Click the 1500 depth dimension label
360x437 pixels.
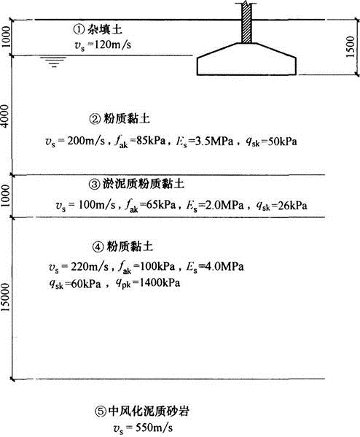(x=351, y=47)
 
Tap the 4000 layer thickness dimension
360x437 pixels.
(x=5, y=116)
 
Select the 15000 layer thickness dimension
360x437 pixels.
(x=5, y=298)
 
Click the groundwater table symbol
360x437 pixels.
(x=53, y=62)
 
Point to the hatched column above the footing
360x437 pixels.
(x=247, y=23)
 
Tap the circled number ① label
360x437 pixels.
(x=79, y=29)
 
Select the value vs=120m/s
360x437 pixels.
(x=103, y=45)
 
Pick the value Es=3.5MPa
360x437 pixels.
(x=204, y=142)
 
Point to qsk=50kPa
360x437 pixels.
(x=271, y=142)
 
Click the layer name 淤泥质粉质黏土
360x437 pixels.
(x=143, y=184)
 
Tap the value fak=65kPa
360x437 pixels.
(x=150, y=206)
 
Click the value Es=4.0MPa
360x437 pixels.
(x=215, y=267)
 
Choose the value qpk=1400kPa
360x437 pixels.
(x=147, y=284)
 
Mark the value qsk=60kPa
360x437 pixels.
(x=75, y=284)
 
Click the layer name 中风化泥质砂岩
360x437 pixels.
(x=149, y=411)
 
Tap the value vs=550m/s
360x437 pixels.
(x=143, y=428)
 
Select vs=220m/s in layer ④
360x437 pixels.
(x=79, y=267)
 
